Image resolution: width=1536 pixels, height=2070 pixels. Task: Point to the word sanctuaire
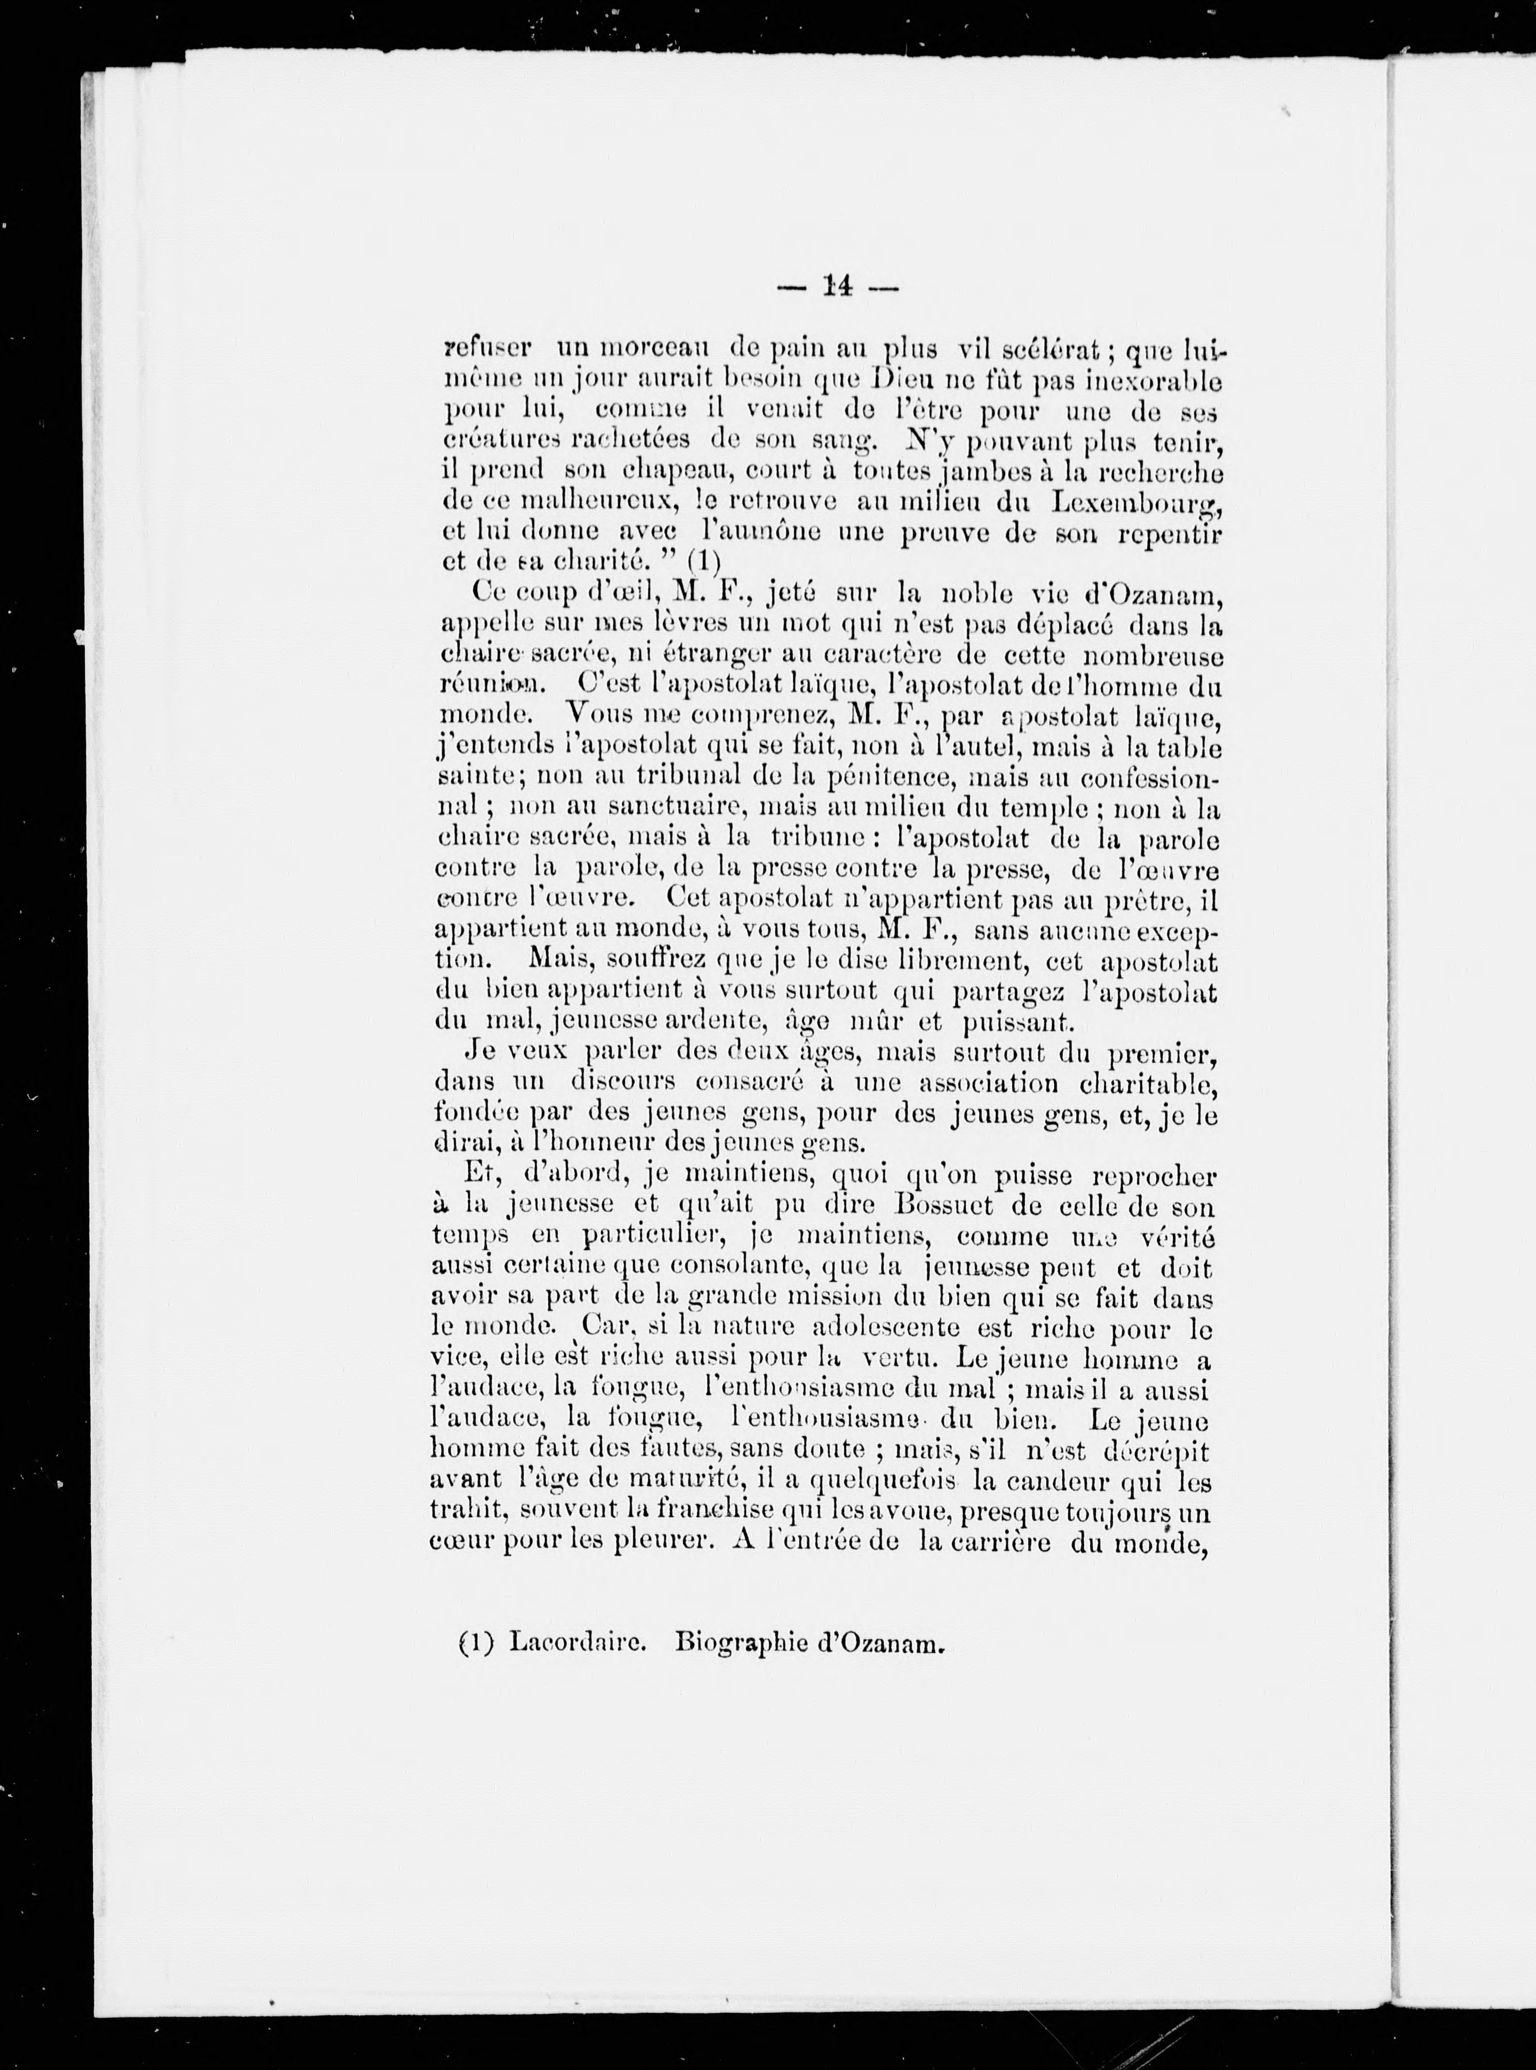point(661,807)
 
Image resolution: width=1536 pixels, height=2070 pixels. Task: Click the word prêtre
point(1153,900)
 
